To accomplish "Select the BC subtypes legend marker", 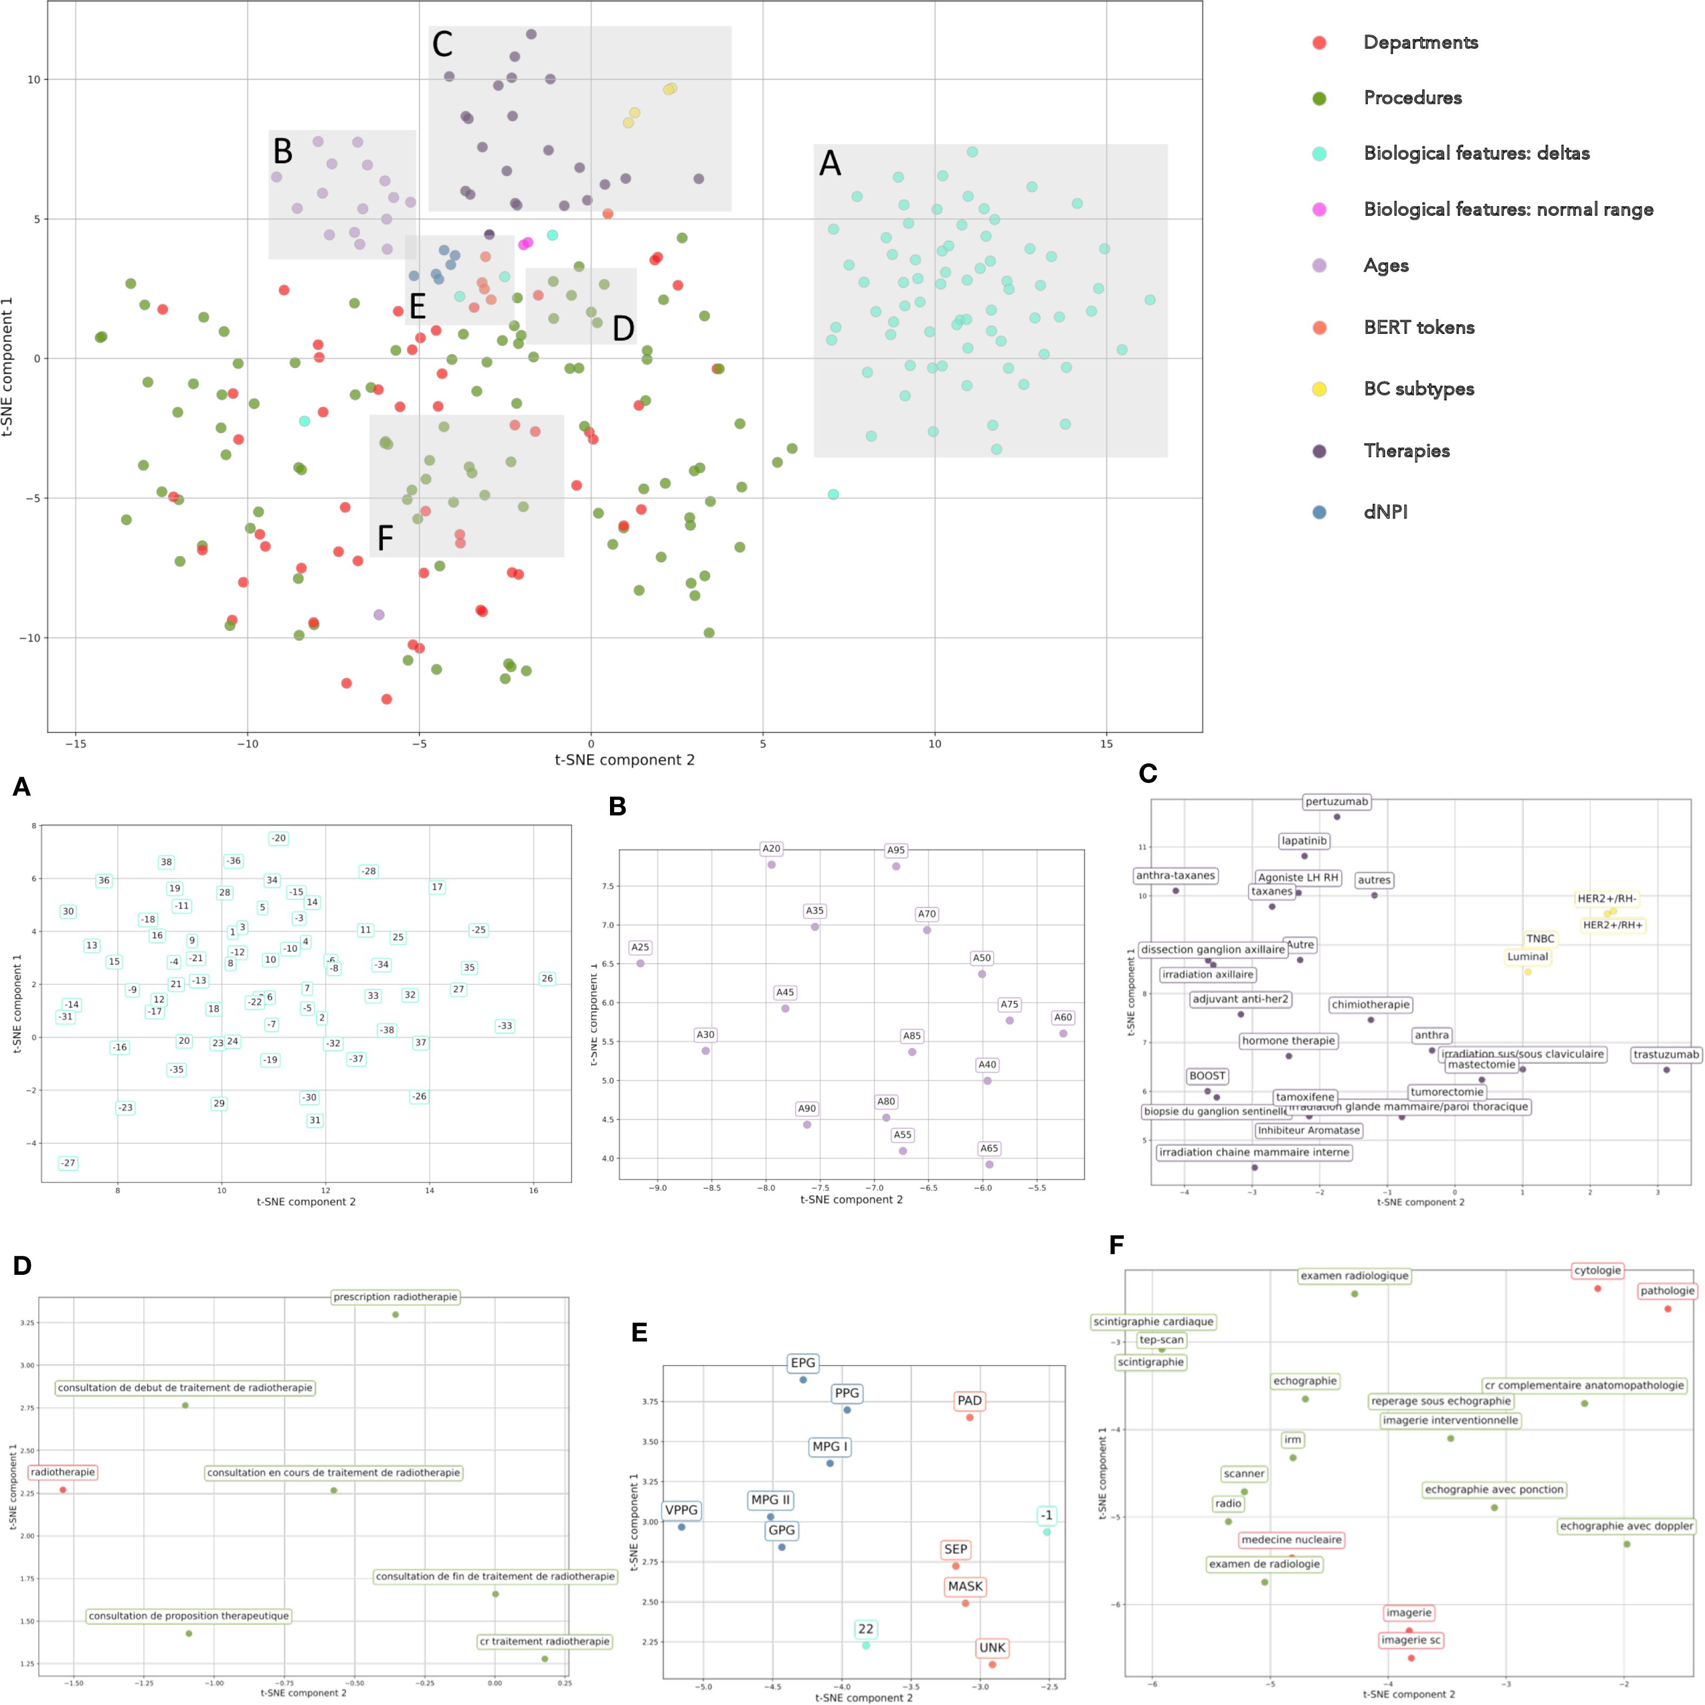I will pos(1319,389).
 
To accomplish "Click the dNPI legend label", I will pos(1385,512).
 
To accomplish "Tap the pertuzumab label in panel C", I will pos(1337,801).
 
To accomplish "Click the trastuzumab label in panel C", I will pos(1665,1054).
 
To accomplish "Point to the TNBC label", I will pos(1540,938).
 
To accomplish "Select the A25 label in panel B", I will pos(640,947).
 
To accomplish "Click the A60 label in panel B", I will pos(1063,1017).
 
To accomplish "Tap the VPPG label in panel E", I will pos(681,1510).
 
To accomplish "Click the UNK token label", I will pos(992,1648).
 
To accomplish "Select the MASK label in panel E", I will pos(965,1586).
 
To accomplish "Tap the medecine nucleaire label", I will pos(1291,1539).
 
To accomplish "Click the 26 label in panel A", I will pos(547,978).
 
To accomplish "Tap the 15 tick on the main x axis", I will pos(1106,743).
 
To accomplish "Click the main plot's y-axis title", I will pos(8,366).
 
